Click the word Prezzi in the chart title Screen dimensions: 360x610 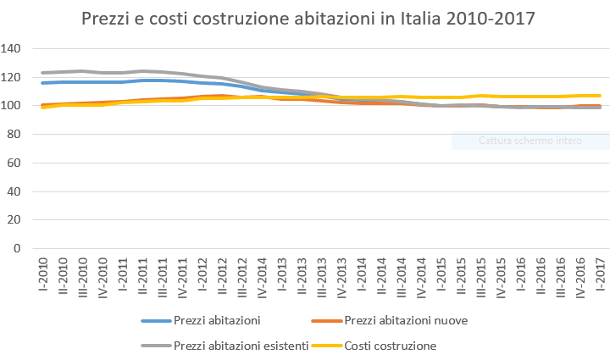click(106, 19)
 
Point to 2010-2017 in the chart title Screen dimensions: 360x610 click(490, 19)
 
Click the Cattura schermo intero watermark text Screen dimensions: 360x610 click(530, 141)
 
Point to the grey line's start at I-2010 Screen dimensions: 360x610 click(42, 73)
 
